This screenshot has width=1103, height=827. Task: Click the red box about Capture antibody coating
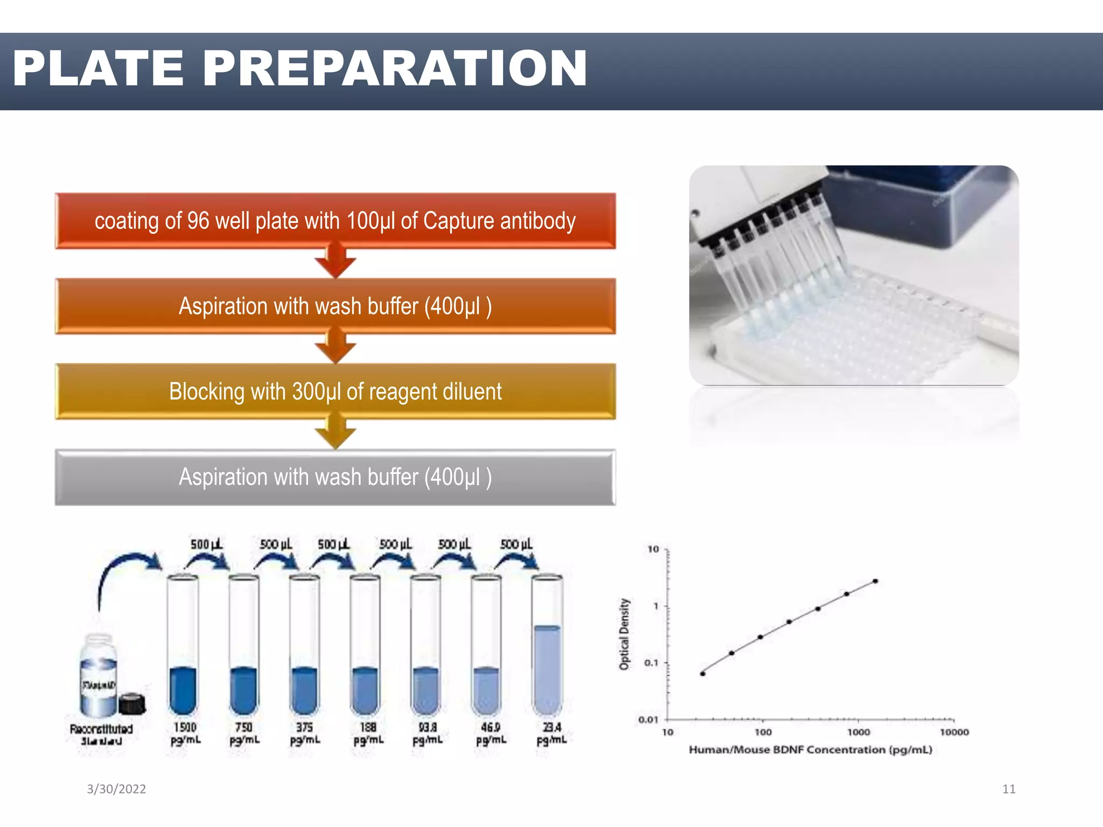coord(335,221)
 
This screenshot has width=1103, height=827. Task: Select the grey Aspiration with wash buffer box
coord(335,477)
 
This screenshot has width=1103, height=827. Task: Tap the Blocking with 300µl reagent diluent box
coord(335,391)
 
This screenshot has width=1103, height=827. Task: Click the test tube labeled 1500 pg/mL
coord(183,646)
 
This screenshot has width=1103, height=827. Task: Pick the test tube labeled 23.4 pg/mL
coord(547,646)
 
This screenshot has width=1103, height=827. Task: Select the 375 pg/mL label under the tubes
coord(305,734)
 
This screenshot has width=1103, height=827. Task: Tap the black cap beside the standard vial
coord(132,703)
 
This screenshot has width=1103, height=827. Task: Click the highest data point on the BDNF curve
coord(875,581)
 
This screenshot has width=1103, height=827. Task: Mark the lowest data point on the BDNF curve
coord(703,674)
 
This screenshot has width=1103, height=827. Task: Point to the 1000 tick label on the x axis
coord(858,732)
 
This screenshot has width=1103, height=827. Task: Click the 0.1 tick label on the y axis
coord(651,663)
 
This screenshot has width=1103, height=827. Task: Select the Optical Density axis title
coord(624,634)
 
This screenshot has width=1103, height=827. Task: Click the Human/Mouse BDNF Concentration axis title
coord(810,749)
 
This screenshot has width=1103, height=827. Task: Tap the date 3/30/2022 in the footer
coord(116,789)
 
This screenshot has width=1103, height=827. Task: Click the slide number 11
coord(1008,789)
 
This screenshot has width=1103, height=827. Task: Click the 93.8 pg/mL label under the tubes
coord(428,734)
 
